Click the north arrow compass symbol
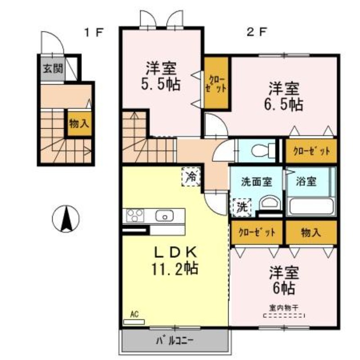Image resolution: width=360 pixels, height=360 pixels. (x=66, y=219)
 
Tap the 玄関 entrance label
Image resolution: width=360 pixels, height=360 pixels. (x=53, y=68)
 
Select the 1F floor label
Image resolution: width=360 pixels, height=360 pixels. (x=94, y=32)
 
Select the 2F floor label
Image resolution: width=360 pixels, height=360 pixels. (x=256, y=32)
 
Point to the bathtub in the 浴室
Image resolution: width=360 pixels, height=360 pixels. (x=311, y=207)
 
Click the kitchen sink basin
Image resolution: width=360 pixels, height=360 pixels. (x=164, y=216)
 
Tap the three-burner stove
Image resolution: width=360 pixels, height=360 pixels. (x=135, y=216)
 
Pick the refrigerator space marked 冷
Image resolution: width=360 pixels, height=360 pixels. (x=191, y=176)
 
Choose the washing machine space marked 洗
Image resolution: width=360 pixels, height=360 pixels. (x=242, y=207)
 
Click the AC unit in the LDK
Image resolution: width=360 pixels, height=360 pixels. (x=134, y=322)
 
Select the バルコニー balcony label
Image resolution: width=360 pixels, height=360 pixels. (x=175, y=341)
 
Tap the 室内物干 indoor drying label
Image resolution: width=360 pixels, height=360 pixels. (x=284, y=308)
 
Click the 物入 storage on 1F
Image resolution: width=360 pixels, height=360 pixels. (x=79, y=123)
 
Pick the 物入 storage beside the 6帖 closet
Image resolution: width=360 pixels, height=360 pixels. (x=311, y=233)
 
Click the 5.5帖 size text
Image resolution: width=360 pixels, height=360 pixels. (x=160, y=84)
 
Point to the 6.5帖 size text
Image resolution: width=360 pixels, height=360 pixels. (x=284, y=104)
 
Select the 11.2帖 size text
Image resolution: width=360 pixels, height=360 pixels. (x=175, y=268)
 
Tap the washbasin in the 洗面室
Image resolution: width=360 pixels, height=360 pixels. (x=270, y=203)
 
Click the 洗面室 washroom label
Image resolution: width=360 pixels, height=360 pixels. (x=256, y=182)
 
